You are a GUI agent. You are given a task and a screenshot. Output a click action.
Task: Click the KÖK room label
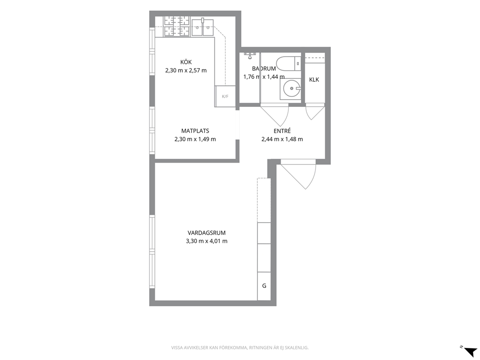pos(186,62)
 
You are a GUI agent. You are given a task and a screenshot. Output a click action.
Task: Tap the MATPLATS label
pos(195,131)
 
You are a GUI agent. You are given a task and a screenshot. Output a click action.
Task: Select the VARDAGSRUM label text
pos(206,233)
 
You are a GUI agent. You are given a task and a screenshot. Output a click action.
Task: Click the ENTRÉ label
pos(282,131)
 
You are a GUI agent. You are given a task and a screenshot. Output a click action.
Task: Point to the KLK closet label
pos(314,79)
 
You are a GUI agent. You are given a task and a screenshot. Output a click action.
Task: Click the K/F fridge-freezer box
pos(225,96)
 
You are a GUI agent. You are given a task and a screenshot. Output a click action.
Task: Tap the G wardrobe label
pos(264,286)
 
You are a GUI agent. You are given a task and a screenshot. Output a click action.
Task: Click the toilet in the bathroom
pos(288,63)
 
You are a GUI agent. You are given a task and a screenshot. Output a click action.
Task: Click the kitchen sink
pos(202,27)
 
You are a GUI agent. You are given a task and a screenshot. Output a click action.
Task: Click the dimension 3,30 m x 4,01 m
pos(206,241)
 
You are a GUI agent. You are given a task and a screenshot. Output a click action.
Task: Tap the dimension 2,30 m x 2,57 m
pos(186,71)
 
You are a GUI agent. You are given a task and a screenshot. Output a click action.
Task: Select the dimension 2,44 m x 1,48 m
pos(282,139)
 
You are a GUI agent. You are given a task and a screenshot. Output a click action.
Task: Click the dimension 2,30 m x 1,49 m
pos(195,139)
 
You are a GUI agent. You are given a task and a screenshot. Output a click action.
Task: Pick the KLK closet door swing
pos(315,111)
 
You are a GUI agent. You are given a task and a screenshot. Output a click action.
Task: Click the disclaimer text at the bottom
pos(240,348)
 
